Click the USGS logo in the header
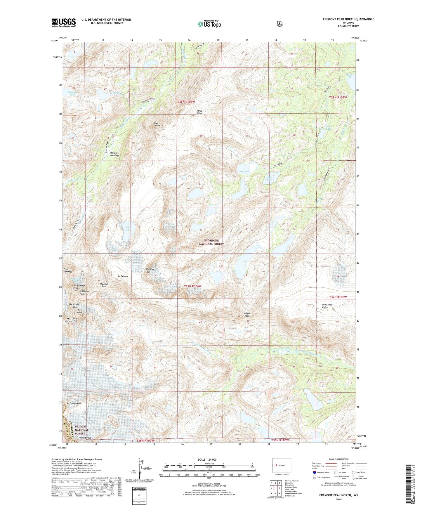click(64, 22)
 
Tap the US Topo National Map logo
click(209, 24)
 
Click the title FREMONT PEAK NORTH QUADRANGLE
click(348, 19)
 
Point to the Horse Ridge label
click(199, 112)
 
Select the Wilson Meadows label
click(115, 154)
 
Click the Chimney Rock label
click(150, 270)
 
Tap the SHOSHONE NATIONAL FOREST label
click(211, 242)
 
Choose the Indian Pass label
click(247, 314)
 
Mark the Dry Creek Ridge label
click(327, 306)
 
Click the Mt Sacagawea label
click(73, 403)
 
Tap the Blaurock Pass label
click(104, 285)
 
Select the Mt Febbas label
click(123, 276)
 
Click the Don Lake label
click(244, 171)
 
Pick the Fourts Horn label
click(157, 124)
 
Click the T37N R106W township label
click(193, 286)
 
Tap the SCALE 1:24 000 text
click(207, 459)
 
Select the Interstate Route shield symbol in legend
click(314, 472)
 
